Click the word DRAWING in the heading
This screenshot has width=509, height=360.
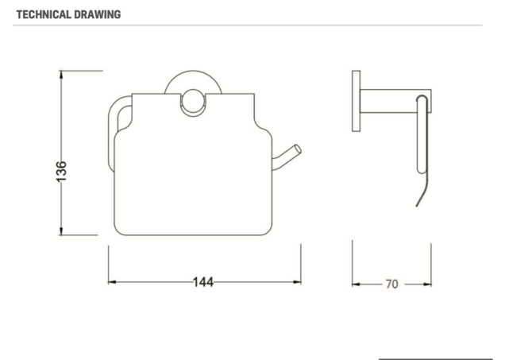click(x=98, y=14)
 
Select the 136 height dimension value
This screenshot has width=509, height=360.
click(x=61, y=172)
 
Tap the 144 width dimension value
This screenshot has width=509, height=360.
click(x=203, y=282)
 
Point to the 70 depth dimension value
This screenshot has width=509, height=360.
click(x=391, y=284)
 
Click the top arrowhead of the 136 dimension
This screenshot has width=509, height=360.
click(x=62, y=75)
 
